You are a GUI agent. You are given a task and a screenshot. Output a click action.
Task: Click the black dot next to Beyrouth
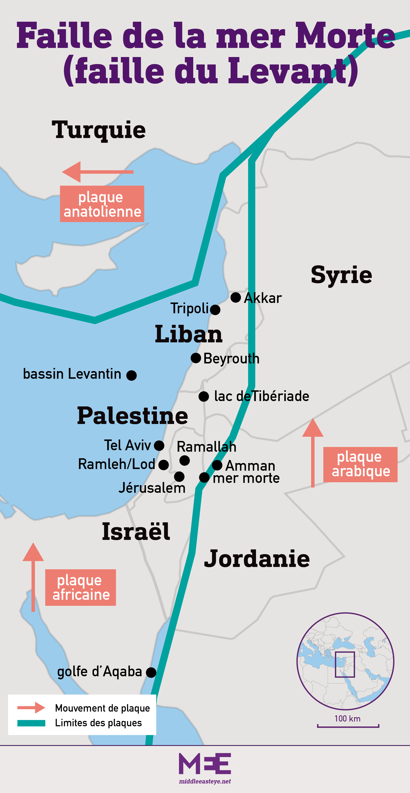coord(196,358)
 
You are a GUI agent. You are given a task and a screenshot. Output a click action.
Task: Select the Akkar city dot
coord(236,297)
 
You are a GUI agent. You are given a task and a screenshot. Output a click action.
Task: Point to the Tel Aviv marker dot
coord(159,445)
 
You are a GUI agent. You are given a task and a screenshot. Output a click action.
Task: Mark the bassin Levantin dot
coord(131,375)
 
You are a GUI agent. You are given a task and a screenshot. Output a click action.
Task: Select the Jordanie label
coord(257,558)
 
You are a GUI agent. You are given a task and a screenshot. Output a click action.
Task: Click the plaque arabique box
coord(360,464)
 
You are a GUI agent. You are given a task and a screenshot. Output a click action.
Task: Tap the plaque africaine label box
coord(81,587)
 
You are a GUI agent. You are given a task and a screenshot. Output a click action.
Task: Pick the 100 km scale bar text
coord(348,718)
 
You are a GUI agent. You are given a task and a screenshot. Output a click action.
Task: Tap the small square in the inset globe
coord(345,664)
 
